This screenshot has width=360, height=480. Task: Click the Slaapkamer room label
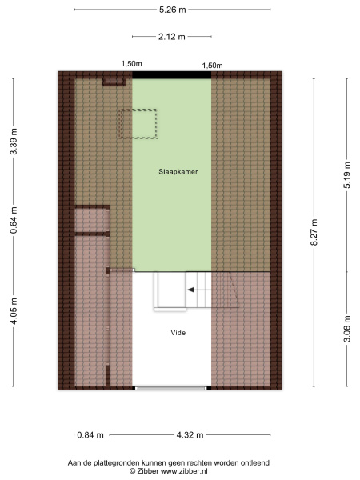tap(178, 172)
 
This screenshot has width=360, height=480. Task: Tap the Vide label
tap(178, 333)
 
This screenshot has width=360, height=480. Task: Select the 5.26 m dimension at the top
tap(172, 10)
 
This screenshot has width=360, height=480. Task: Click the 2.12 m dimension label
tap(172, 37)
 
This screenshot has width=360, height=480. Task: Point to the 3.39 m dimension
tap(14, 142)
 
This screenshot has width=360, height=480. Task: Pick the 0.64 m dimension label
tap(14, 220)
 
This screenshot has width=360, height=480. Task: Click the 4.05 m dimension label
tap(14, 310)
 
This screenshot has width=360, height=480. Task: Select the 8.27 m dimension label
tap(314, 232)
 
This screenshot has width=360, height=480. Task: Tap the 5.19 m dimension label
tap(347, 175)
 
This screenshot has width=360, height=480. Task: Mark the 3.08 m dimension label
tap(347, 329)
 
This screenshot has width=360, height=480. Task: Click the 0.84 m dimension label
tap(90, 435)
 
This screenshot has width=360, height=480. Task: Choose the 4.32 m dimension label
tap(190, 435)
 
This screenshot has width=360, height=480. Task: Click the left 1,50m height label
tap(132, 64)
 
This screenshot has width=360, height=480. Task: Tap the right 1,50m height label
tap(212, 66)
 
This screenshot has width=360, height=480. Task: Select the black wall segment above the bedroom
tap(172, 75)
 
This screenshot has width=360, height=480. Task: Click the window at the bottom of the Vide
tap(172, 388)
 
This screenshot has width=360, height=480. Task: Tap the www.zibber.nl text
tap(184, 471)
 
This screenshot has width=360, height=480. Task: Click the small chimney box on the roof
tap(114, 82)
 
